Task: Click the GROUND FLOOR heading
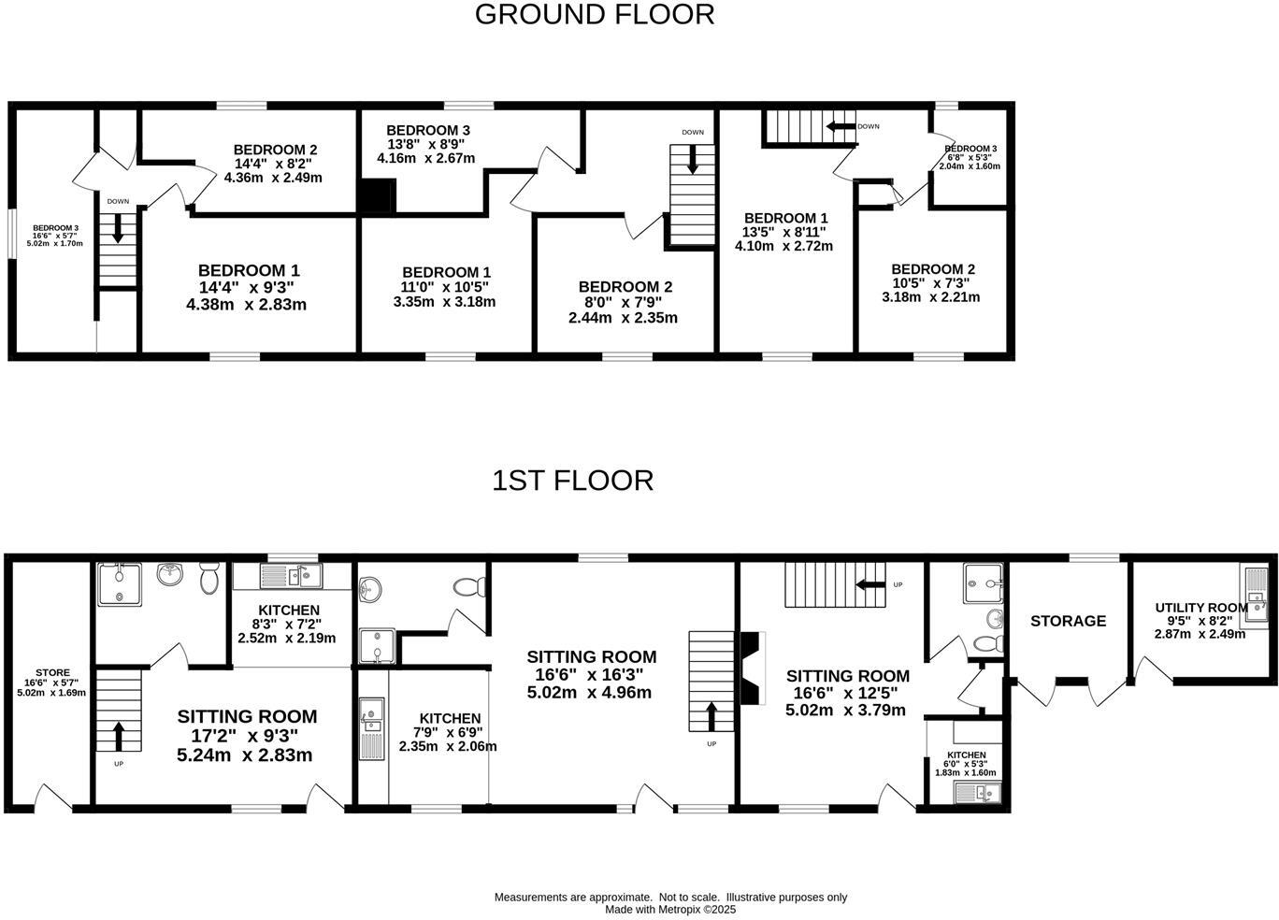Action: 595,15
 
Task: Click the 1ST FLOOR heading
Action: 572,481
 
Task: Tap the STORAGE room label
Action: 1068,621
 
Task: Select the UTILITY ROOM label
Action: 1200,608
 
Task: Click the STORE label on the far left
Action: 52,672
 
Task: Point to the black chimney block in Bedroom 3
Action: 378,197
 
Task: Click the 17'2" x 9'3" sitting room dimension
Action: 246,736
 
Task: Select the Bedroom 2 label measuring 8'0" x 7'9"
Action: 625,287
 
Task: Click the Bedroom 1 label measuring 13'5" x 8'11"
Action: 785,218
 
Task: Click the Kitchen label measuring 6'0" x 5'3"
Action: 966,755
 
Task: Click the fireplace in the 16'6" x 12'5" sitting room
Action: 751,668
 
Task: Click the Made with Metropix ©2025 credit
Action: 670,909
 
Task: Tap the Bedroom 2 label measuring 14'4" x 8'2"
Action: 275,150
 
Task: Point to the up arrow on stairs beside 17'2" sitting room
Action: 119,735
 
